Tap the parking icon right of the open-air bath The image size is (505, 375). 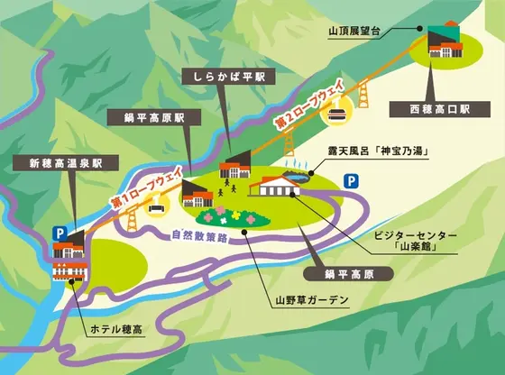click(348, 183)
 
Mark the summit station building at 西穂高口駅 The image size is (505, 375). click(445, 41)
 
